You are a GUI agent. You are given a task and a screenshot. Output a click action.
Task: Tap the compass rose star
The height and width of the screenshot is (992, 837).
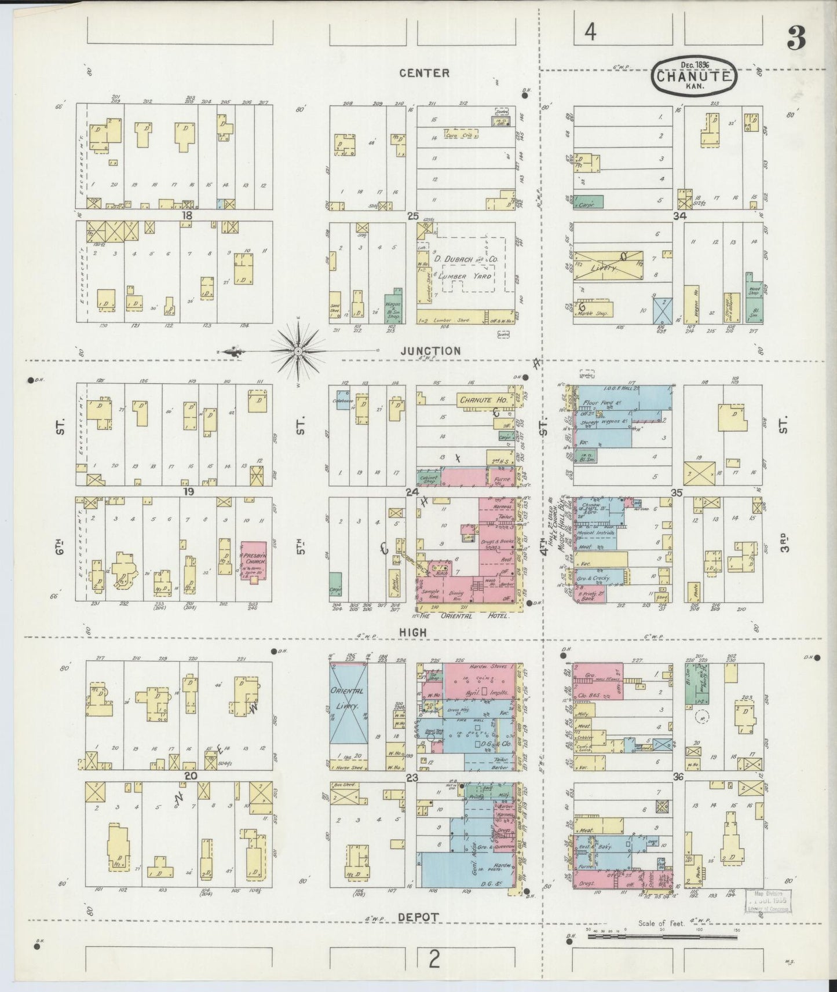[298, 351]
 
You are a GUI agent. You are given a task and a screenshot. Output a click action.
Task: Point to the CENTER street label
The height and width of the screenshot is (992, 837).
[423, 73]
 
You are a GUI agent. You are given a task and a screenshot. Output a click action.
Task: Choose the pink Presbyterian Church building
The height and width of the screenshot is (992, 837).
[254, 560]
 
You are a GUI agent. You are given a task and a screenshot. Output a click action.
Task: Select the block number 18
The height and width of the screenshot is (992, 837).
[186, 215]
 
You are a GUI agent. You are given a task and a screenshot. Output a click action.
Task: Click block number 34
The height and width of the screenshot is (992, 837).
[679, 216]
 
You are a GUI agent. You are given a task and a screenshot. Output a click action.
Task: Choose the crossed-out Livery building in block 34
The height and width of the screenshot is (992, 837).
[608, 267]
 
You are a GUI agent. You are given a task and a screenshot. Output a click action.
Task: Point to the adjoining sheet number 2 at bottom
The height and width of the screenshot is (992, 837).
[433, 961]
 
